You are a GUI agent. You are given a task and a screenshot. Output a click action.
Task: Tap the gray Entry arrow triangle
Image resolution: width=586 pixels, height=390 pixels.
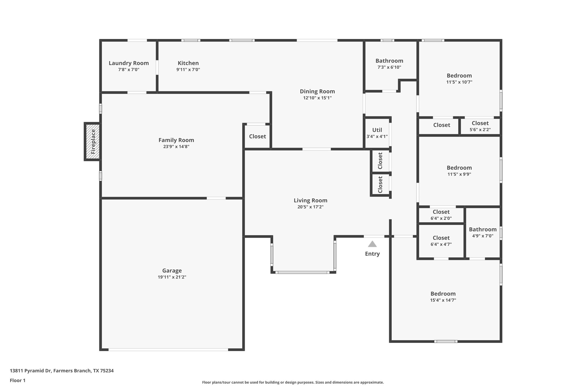click(x=372, y=244)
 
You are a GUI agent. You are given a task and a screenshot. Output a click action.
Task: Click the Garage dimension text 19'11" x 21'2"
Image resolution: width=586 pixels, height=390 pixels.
click(x=172, y=277)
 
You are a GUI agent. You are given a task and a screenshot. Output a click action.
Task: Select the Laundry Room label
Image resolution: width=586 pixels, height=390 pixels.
click(x=129, y=63)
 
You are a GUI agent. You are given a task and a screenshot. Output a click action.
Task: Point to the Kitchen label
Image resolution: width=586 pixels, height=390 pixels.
click(x=188, y=63)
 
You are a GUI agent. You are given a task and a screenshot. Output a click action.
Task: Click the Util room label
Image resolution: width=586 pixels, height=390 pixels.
click(x=377, y=130)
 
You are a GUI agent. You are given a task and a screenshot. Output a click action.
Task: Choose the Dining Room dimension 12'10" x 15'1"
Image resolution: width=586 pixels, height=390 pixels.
click(x=317, y=98)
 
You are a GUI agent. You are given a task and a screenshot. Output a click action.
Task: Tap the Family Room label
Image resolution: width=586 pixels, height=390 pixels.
click(x=176, y=140)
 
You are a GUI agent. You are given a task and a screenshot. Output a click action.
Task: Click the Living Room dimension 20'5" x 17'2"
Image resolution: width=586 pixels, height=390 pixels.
click(x=310, y=207)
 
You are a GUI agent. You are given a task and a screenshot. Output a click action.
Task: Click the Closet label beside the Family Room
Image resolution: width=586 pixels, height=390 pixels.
click(x=257, y=136)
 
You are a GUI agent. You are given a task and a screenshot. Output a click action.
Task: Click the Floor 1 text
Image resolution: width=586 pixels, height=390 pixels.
click(x=18, y=380)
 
